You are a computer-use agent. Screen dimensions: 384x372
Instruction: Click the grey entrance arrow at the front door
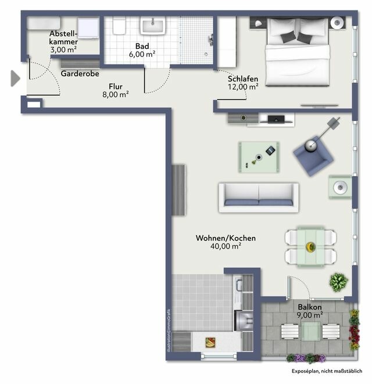point(15,78)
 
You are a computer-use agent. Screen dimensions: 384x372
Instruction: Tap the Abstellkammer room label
point(63,42)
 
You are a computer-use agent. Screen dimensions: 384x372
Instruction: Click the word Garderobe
point(80,74)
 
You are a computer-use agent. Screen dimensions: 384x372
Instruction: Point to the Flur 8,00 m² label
point(115,90)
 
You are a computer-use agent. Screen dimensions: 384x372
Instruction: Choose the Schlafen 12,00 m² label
point(243,82)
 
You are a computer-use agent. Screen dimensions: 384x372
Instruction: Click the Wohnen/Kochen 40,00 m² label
point(226,242)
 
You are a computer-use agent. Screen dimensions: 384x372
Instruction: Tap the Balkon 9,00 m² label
point(310,311)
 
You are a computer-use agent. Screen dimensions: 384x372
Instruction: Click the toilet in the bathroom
point(120,27)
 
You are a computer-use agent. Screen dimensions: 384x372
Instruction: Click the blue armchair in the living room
point(314,154)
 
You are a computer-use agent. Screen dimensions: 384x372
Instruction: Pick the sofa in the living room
point(258,198)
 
